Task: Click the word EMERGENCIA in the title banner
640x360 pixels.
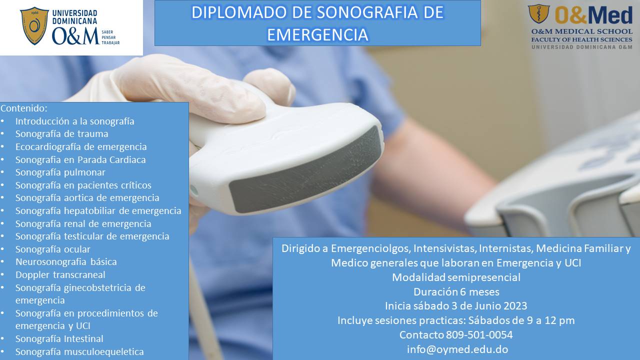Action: pos(317,34)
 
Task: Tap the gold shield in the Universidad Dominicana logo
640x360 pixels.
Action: pos(34,25)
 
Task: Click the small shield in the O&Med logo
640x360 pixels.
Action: pos(538,13)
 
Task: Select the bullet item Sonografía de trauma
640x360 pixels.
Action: pos(61,133)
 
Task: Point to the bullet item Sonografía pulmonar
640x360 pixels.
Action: pos(60,172)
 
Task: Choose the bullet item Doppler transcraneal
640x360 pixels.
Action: pos(60,274)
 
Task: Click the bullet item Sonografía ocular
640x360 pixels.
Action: pos(53,249)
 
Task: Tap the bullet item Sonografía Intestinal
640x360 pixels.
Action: pos(59,338)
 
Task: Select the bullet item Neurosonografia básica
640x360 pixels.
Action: pos(66,261)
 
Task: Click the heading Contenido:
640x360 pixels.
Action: pos(24,108)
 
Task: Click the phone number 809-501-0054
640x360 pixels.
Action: pos(479,334)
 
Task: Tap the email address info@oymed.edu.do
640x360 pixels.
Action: pos(457,349)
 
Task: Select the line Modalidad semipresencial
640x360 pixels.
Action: pos(456,277)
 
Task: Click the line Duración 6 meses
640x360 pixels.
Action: pos(456,291)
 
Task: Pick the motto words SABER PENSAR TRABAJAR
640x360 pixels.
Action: pos(110,37)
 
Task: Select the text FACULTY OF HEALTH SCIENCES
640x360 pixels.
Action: pos(581,39)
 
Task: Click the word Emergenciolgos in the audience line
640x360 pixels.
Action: pos(370,248)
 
